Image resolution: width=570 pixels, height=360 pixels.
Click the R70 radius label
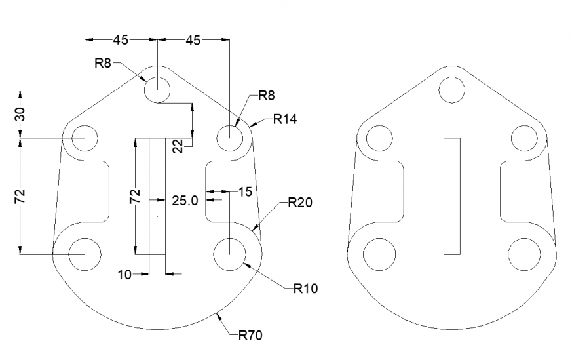click(250, 336)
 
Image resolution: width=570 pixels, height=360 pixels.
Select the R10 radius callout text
click(305, 288)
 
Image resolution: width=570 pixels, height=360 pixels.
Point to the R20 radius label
click(299, 203)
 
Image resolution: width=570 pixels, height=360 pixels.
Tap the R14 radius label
click(286, 119)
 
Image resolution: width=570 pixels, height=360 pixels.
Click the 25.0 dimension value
click(185, 201)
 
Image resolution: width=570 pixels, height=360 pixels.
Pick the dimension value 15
click(245, 192)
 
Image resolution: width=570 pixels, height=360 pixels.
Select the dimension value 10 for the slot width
click(124, 275)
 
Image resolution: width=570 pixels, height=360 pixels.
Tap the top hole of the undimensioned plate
click(451, 89)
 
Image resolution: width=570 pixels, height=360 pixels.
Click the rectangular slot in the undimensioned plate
click(451, 196)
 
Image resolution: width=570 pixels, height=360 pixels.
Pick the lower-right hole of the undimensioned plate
click(523, 254)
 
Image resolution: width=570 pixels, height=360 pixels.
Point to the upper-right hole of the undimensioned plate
click(523, 138)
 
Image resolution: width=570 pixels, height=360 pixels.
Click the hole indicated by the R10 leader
click(230, 253)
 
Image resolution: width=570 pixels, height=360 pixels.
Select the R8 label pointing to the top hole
click(104, 63)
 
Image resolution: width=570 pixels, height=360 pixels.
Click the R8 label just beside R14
click(266, 96)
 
